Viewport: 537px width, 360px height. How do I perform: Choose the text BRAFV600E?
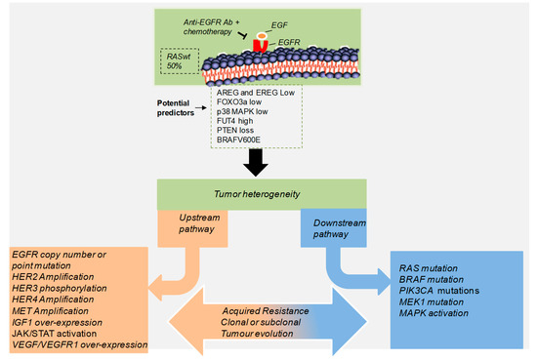(249, 140)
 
